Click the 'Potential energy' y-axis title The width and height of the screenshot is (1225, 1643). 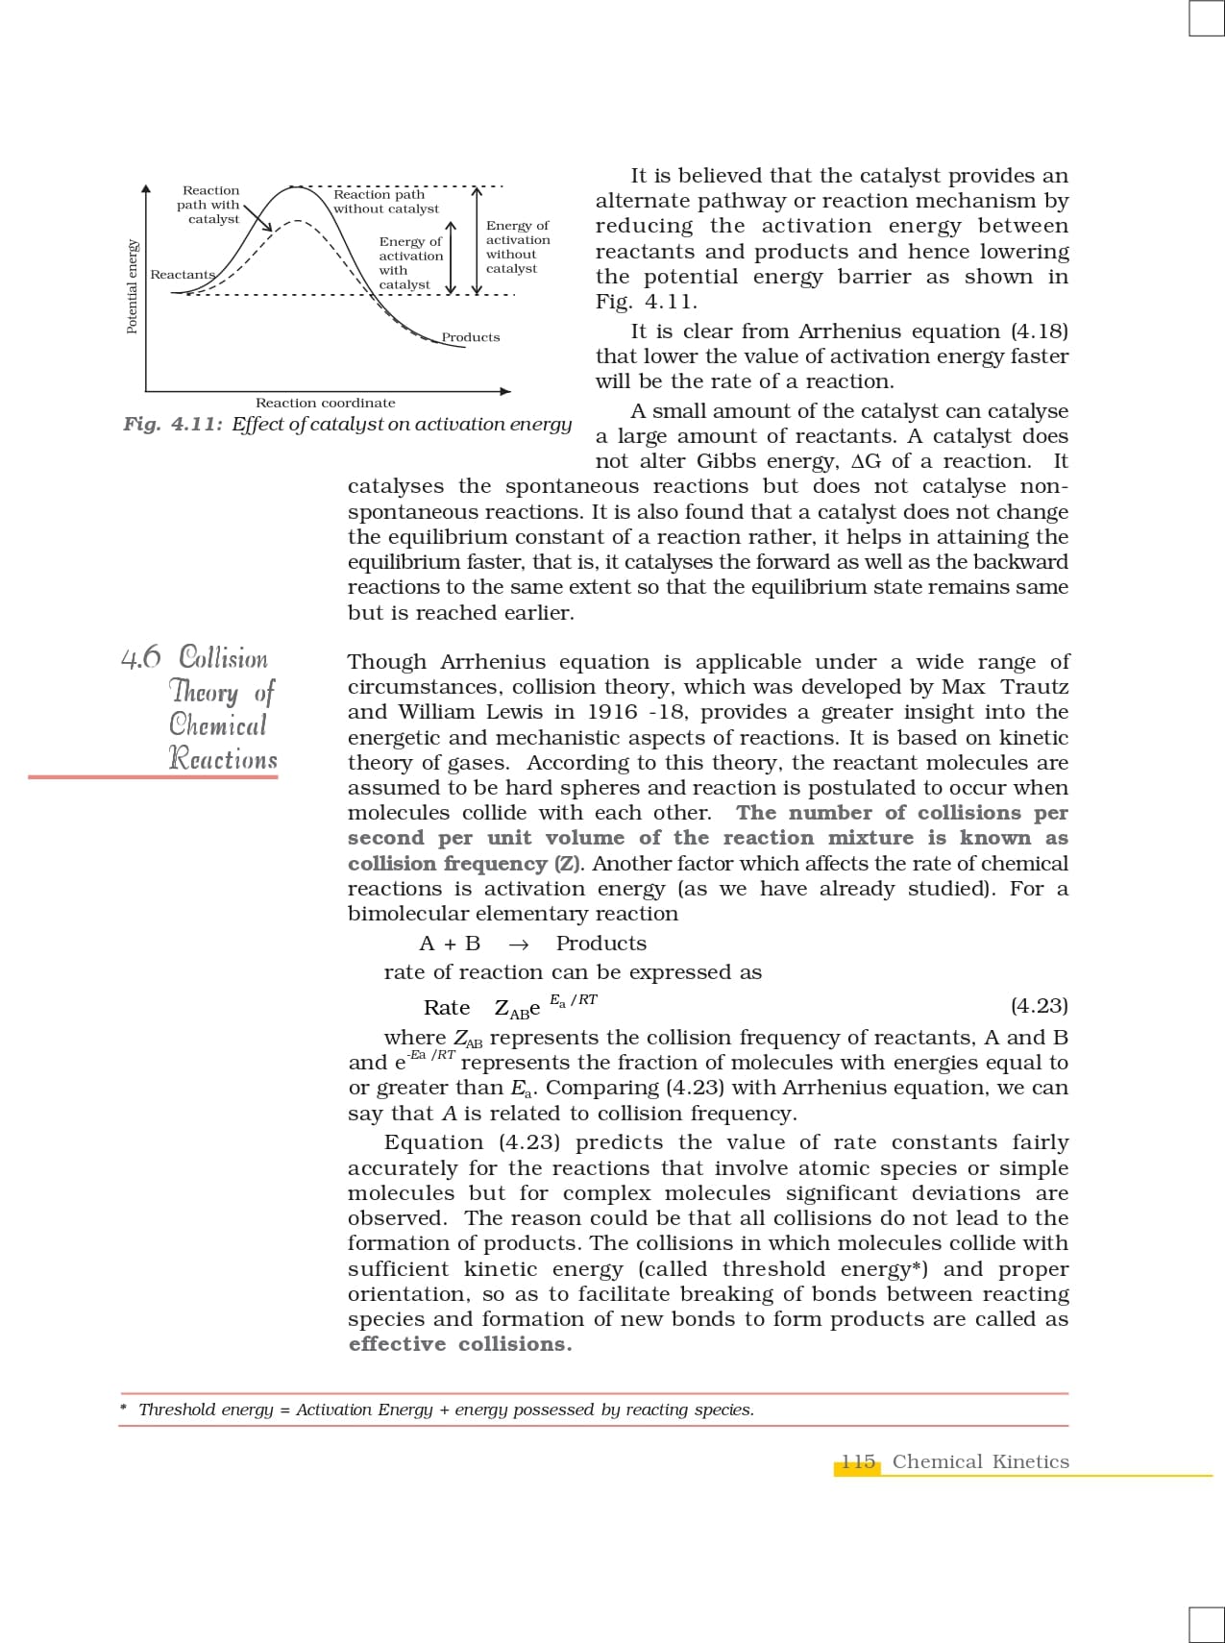pos(133,286)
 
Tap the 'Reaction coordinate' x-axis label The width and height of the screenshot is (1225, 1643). pos(325,403)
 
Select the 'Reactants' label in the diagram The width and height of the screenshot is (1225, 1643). pos(183,275)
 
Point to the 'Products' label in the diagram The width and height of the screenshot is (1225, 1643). pos(471,337)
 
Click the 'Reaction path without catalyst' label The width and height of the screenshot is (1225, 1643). pos(385,202)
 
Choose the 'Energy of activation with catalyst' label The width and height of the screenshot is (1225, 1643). pos(410,263)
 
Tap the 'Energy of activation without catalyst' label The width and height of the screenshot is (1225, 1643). pos(518,247)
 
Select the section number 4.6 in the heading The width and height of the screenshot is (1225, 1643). pos(141,658)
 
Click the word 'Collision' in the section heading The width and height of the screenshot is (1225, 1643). pos(224,658)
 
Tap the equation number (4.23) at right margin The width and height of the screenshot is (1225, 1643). pos(1039,1006)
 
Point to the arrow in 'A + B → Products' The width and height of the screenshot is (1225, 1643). pos(518,944)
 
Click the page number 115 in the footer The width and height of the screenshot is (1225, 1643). pos(858,1461)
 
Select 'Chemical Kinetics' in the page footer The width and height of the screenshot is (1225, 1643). pos(980,1461)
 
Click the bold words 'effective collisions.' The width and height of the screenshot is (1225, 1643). pos(459,1344)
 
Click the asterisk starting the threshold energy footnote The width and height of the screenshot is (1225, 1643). pos(124,1410)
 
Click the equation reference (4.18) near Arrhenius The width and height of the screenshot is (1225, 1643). pos(1039,331)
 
